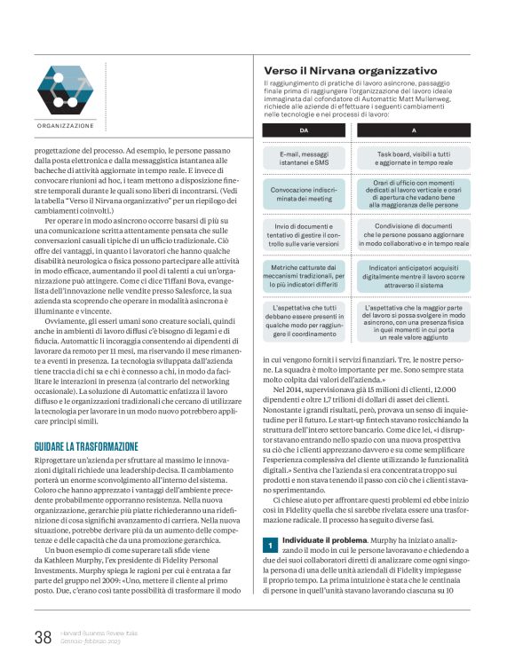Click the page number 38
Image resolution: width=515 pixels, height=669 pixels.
tap(43, 637)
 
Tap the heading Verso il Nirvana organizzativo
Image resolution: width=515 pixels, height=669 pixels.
tap(350, 70)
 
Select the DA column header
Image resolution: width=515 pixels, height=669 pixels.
tap(304, 130)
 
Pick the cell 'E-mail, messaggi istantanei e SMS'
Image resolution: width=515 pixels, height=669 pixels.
tap(304, 158)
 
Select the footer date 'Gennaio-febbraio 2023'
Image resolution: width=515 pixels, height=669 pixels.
tap(91, 641)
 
